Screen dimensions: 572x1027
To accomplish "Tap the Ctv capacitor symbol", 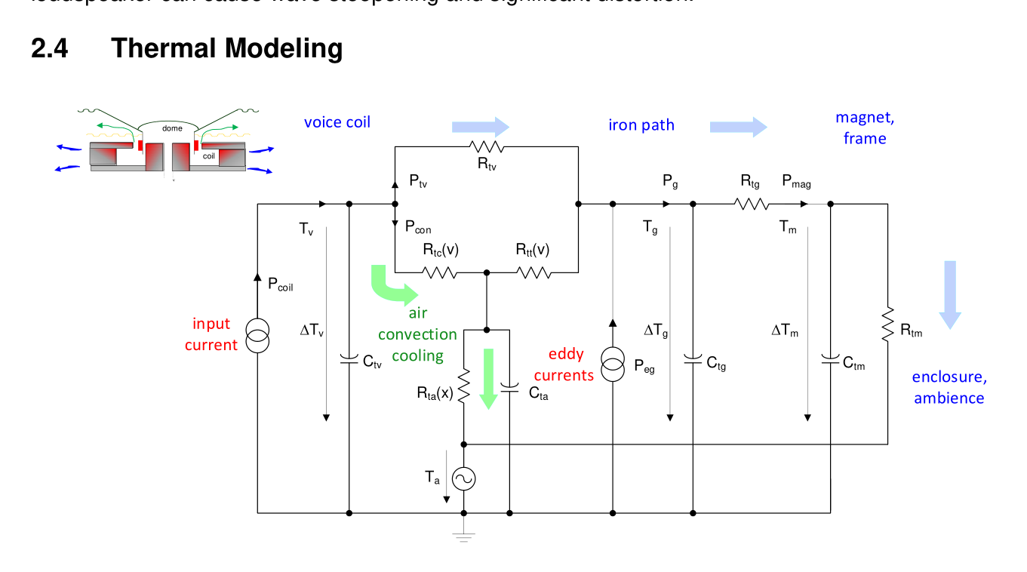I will [349, 358].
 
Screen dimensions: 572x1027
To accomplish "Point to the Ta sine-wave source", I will [463, 478].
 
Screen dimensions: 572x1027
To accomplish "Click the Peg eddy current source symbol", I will [613, 365].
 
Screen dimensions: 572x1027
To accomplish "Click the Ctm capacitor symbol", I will [830, 358].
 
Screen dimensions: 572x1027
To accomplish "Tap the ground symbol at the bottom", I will [463, 537].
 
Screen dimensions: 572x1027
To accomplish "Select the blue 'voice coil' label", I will [337, 122].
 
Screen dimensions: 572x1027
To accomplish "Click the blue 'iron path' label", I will [641, 125].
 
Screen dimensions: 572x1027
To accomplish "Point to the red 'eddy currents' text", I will [565, 364].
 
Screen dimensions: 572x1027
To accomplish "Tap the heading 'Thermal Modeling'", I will [226, 48].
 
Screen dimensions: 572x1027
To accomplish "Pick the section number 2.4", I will [50, 48].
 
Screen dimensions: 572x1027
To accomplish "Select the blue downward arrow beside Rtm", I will [950, 294].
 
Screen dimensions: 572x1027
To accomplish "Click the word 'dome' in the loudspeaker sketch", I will [172, 128].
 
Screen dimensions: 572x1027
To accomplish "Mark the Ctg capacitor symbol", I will [693, 358].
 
